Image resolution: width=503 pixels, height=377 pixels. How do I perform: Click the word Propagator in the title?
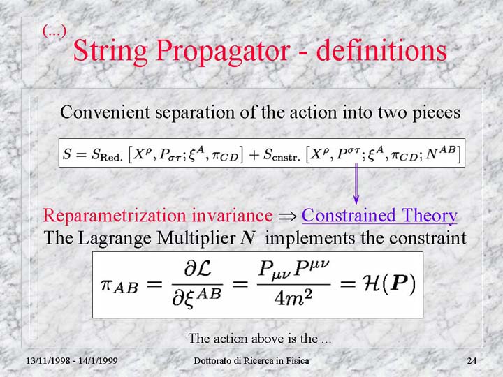click(223, 52)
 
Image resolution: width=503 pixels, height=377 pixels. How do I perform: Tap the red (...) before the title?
click(54, 31)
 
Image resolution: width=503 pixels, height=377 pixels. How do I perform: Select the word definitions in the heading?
click(381, 50)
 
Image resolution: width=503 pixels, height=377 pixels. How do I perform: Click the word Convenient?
click(105, 112)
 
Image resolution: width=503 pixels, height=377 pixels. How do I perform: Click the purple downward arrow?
click(356, 184)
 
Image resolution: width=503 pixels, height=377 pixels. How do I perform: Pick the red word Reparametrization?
click(115, 216)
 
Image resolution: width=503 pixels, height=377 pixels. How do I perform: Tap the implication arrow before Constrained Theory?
click(287, 216)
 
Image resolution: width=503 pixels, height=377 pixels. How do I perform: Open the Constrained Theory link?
click(379, 216)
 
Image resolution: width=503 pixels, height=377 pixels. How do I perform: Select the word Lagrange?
click(115, 239)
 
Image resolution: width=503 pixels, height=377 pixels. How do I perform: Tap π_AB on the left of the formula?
click(119, 286)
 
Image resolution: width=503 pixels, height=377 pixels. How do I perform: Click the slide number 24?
click(472, 361)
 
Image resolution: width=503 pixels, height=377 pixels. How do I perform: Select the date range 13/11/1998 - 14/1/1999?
click(72, 361)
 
